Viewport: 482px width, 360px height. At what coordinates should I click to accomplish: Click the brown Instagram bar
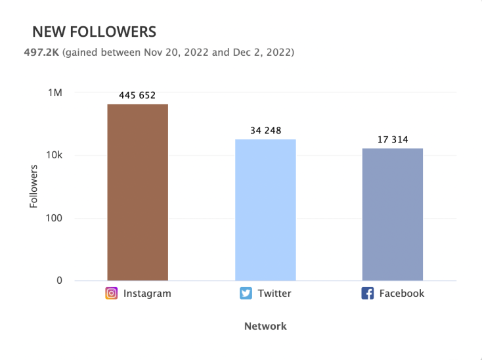pyautogui.click(x=137, y=192)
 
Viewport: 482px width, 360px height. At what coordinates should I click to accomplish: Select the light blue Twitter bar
pyautogui.click(x=265, y=210)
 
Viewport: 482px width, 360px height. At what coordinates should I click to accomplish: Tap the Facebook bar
pyautogui.click(x=392, y=214)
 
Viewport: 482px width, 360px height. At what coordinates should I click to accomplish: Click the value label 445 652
pyautogui.click(x=137, y=95)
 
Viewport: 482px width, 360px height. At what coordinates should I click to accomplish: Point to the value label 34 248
pyautogui.click(x=265, y=131)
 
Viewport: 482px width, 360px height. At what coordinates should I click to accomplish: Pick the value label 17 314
pyautogui.click(x=392, y=140)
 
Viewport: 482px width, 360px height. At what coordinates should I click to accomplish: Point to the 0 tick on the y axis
pyautogui.click(x=58, y=281)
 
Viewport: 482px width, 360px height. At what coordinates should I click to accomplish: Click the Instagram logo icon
pyautogui.click(x=112, y=294)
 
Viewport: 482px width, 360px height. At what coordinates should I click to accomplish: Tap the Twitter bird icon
pyautogui.click(x=246, y=294)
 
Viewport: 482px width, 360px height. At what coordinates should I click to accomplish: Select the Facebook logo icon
pyautogui.click(x=368, y=294)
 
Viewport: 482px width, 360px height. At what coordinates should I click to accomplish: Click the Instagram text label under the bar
pyautogui.click(x=147, y=294)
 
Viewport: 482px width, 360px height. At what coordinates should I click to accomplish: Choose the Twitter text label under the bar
pyautogui.click(x=274, y=294)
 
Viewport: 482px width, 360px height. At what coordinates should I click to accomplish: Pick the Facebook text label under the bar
pyautogui.click(x=402, y=294)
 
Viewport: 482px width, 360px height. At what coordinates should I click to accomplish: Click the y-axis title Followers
pyautogui.click(x=33, y=187)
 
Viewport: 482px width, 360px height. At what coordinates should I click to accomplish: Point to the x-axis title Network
pyautogui.click(x=265, y=326)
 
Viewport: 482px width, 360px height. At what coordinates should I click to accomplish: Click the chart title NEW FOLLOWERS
pyautogui.click(x=94, y=32)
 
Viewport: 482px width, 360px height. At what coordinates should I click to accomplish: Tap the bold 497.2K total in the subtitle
pyautogui.click(x=41, y=51)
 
